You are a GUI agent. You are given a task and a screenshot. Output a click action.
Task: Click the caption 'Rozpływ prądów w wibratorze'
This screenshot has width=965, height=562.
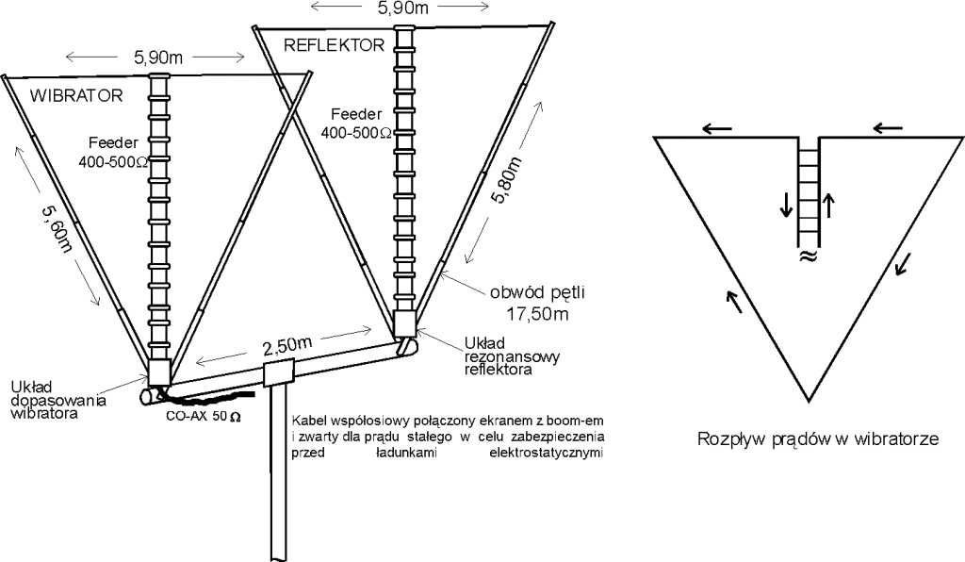[816, 438]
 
